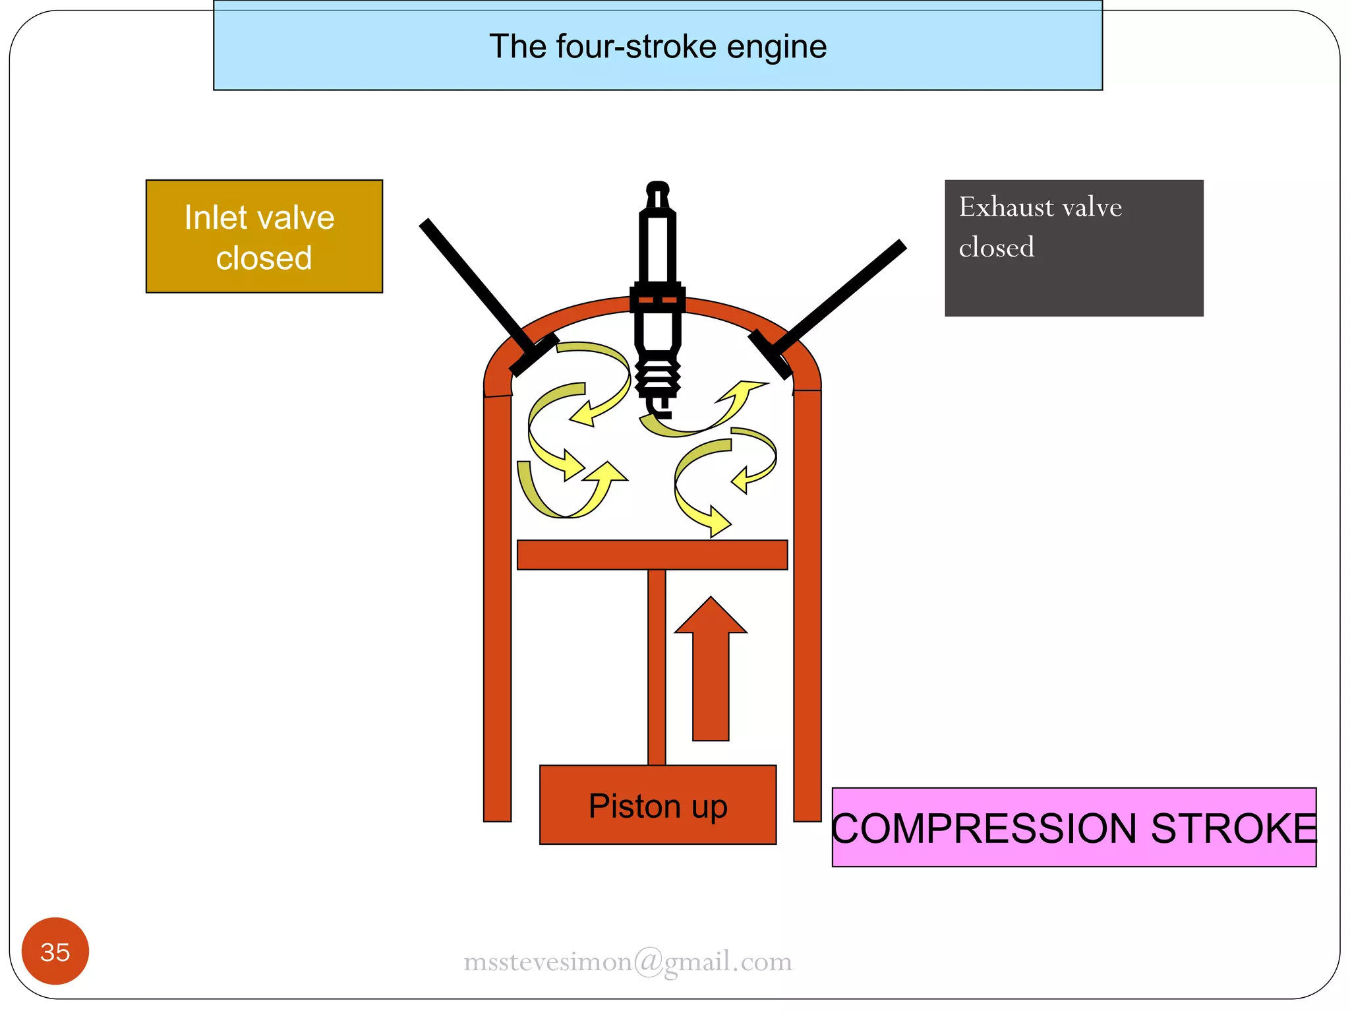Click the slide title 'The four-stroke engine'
pyautogui.click(x=657, y=47)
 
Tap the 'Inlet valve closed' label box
pyautogui.click(x=264, y=236)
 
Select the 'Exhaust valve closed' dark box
pyautogui.click(x=1073, y=248)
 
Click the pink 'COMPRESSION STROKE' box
pyautogui.click(x=1073, y=827)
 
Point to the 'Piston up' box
pyautogui.click(x=657, y=805)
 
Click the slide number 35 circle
pyautogui.click(x=55, y=951)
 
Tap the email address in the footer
pyautogui.click(x=628, y=962)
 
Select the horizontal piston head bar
pyautogui.click(x=652, y=555)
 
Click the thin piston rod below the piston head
pyautogui.click(x=657, y=666)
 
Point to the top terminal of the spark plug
pyautogui.click(x=657, y=191)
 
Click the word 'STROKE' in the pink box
pyautogui.click(x=1233, y=828)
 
